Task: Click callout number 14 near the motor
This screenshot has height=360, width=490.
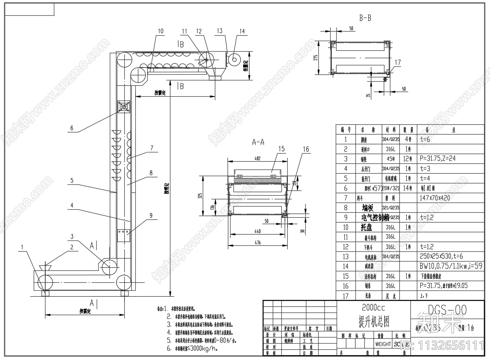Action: [x=242, y=31]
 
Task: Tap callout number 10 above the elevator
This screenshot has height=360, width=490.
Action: [x=161, y=31]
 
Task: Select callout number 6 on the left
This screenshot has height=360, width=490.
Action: [x=72, y=128]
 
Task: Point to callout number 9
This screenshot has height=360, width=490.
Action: [x=151, y=215]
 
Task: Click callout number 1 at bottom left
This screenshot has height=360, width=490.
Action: [x=22, y=247]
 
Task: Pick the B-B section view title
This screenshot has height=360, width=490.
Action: [x=365, y=18]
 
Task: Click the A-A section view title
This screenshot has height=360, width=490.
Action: [x=258, y=142]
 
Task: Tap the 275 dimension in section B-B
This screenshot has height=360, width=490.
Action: [x=316, y=57]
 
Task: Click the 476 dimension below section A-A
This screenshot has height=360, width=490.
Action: [x=257, y=243]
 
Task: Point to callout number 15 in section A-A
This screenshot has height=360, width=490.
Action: [x=282, y=149]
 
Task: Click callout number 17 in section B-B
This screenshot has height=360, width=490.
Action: [x=398, y=63]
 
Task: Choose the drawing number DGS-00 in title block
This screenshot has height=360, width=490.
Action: [x=447, y=310]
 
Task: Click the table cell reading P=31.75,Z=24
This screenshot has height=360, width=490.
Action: [x=437, y=159]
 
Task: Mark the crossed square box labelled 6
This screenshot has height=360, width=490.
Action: [x=124, y=107]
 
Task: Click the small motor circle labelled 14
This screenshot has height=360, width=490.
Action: [x=234, y=59]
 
